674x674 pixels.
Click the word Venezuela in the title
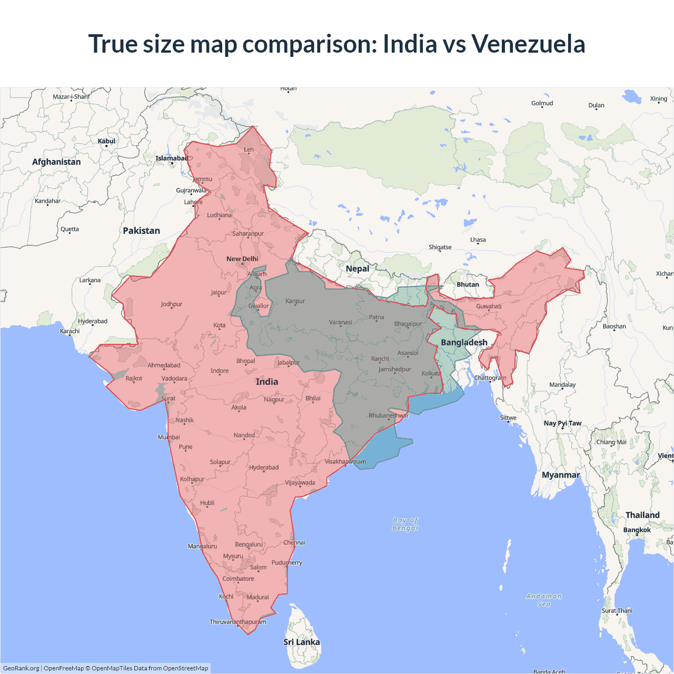(x=528, y=44)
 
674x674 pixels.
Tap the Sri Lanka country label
(x=302, y=642)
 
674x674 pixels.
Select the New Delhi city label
(x=242, y=259)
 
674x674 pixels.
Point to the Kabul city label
(x=106, y=141)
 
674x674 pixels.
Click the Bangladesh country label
(x=464, y=342)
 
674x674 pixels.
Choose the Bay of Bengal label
(x=405, y=524)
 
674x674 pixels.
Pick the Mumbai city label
(x=168, y=437)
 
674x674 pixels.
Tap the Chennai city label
(x=294, y=542)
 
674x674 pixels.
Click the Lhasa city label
(x=478, y=240)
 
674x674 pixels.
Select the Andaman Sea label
(x=544, y=600)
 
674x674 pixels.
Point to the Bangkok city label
(x=637, y=530)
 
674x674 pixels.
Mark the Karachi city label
(x=70, y=331)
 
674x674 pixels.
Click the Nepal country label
(x=358, y=269)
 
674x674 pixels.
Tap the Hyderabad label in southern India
(x=264, y=468)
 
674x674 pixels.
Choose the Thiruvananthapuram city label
(x=238, y=622)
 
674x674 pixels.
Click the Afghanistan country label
(x=56, y=162)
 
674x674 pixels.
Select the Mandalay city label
(x=562, y=384)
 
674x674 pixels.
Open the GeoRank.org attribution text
(x=21, y=668)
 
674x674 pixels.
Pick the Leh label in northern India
(x=249, y=150)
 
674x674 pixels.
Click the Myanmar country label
(x=561, y=475)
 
